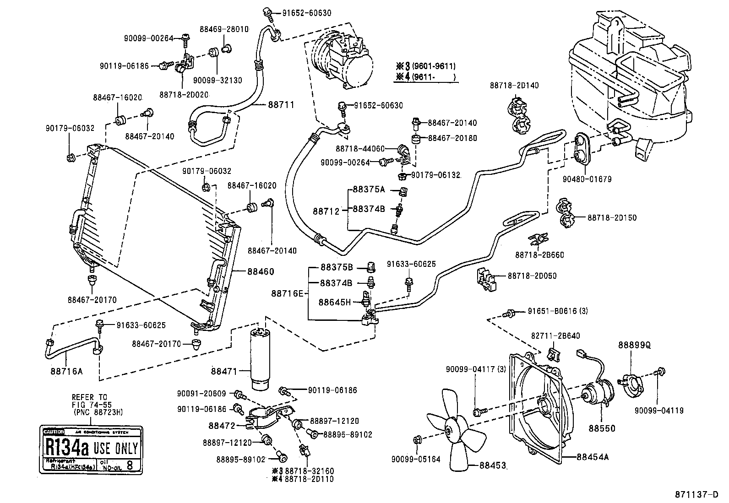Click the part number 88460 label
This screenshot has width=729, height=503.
pos(261,271)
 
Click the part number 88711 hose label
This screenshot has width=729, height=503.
pos(281,105)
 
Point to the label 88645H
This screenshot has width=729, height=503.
pos(334,302)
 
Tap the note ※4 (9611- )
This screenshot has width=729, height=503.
pos(426,77)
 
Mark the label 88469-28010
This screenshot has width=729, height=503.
pos(224,29)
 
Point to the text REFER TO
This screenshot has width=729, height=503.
pos(89,397)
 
